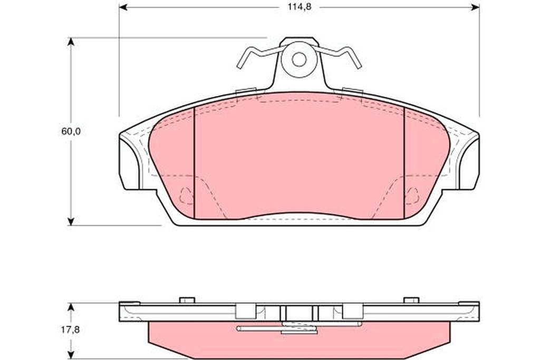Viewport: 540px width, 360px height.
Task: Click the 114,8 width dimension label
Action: [x=300, y=7]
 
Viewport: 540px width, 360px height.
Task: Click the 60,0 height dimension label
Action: [x=71, y=131]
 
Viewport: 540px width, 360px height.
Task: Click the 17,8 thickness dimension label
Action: [x=70, y=329]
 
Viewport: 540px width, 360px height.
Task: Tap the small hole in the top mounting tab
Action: [x=299, y=60]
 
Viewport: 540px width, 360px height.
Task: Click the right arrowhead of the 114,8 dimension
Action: [x=475, y=7]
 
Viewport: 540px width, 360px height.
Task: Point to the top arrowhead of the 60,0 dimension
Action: [x=71, y=42]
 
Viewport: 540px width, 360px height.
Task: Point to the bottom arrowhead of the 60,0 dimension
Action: [x=71, y=221]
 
